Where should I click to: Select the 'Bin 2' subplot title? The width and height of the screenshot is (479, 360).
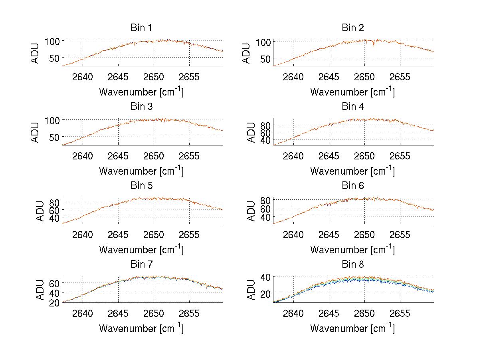[x=352, y=28]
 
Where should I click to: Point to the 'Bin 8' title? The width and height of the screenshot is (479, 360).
[x=352, y=265]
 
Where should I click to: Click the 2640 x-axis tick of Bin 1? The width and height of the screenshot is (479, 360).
[x=83, y=77]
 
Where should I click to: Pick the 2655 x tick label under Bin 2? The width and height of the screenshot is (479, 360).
[x=400, y=77]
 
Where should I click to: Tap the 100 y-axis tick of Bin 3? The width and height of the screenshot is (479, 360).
[x=52, y=120]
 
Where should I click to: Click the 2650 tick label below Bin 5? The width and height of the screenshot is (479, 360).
[x=153, y=235]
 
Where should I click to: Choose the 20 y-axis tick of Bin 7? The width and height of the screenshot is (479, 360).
[x=55, y=302]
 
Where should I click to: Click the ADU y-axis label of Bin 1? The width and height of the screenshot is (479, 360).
[x=36, y=53]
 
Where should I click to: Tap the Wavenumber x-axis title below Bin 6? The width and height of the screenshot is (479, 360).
[x=352, y=249]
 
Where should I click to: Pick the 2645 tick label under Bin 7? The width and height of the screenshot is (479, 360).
[x=118, y=313]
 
